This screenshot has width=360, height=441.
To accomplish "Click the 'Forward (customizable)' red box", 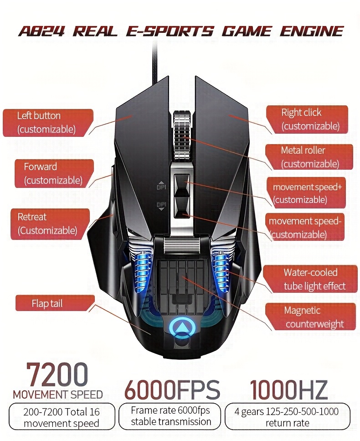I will click(53, 173).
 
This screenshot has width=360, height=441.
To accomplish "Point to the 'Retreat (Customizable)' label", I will click(47, 223).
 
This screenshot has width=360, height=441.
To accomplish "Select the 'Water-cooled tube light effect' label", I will click(314, 279).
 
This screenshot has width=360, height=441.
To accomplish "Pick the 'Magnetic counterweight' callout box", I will click(314, 317).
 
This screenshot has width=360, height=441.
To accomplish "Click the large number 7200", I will click(57, 375).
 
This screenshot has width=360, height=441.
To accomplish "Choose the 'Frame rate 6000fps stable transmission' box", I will click(171, 416).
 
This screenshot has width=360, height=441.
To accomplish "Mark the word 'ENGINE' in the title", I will click(311, 31).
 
